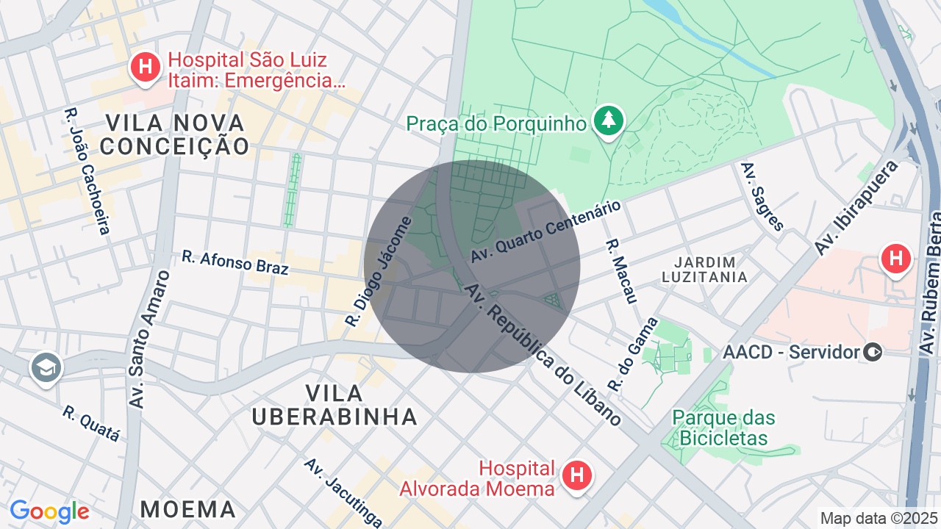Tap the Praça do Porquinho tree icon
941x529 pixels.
click(608, 121)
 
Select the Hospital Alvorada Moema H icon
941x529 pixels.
click(577, 476)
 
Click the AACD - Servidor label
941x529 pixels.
click(791, 352)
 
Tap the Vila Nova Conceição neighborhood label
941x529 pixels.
click(175, 134)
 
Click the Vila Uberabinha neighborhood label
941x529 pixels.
click(334, 405)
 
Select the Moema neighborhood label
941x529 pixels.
click(188, 508)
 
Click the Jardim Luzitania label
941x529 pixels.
click(704, 270)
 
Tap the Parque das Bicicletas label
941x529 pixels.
click(723, 428)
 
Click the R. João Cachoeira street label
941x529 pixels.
click(87, 171)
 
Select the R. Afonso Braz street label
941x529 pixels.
click(235, 262)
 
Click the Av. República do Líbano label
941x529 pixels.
click(543, 354)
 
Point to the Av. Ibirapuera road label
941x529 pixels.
click(856, 209)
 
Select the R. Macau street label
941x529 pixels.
click(620, 270)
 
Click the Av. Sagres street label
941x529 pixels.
click(763, 197)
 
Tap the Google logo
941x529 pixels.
click(49, 511)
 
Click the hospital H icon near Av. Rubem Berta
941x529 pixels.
click(895, 259)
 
